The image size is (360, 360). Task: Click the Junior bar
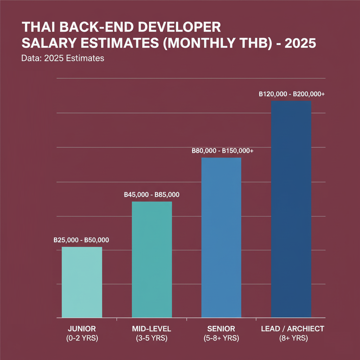(x=82, y=282)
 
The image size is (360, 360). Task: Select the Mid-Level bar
(x=152, y=259)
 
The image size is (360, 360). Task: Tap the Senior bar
(x=221, y=238)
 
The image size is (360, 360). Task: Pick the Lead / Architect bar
(x=291, y=209)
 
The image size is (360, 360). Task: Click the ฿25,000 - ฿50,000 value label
(x=81, y=240)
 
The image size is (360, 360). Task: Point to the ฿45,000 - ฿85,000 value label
(x=152, y=195)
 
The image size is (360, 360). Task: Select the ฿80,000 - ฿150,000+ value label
(x=222, y=151)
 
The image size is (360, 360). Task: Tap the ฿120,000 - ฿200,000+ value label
(x=291, y=94)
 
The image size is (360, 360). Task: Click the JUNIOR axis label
(x=82, y=329)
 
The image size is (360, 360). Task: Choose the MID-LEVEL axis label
(x=152, y=329)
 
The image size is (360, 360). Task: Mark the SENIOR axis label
(x=221, y=329)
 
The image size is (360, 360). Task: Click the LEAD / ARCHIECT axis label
(x=292, y=329)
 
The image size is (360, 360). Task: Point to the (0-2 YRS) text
(x=82, y=339)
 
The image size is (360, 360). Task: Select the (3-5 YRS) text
(x=152, y=339)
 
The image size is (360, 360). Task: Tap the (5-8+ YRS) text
(x=221, y=339)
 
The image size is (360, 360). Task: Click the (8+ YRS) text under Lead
(x=292, y=339)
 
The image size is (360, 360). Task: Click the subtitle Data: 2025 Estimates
(x=63, y=58)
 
